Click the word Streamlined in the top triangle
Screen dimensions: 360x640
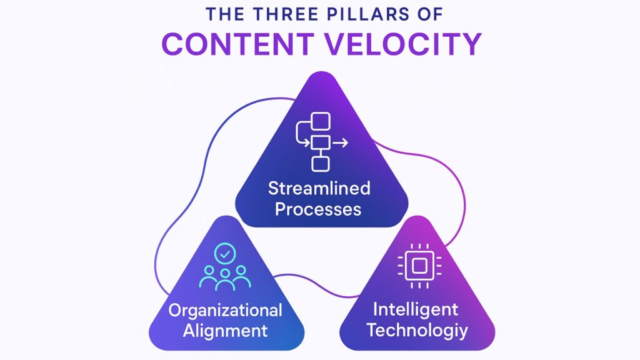(x=319, y=188)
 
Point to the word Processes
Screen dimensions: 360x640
(x=319, y=208)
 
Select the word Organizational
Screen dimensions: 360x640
(x=225, y=310)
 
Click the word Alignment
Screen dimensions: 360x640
(x=225, y=330)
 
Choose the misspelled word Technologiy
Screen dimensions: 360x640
(x=417, y=329)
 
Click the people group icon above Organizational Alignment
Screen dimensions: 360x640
(x=225, y=278)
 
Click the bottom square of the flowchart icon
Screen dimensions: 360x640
(x=320, y=164)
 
